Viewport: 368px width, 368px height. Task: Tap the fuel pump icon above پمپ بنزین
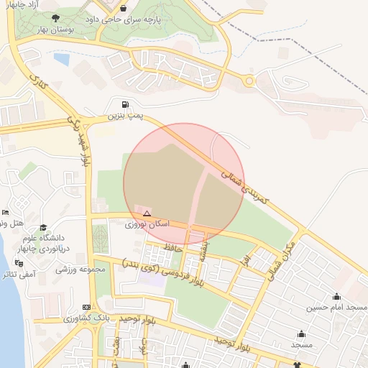coord(126,103)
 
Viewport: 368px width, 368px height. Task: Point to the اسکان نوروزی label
coord(147,224)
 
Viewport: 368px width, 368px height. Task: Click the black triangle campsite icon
coord(147,213)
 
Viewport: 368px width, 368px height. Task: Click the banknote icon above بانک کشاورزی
coord(87,307)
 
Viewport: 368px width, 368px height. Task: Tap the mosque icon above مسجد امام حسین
coord(336,296)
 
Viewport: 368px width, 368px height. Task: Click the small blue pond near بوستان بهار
coord(61,59)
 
